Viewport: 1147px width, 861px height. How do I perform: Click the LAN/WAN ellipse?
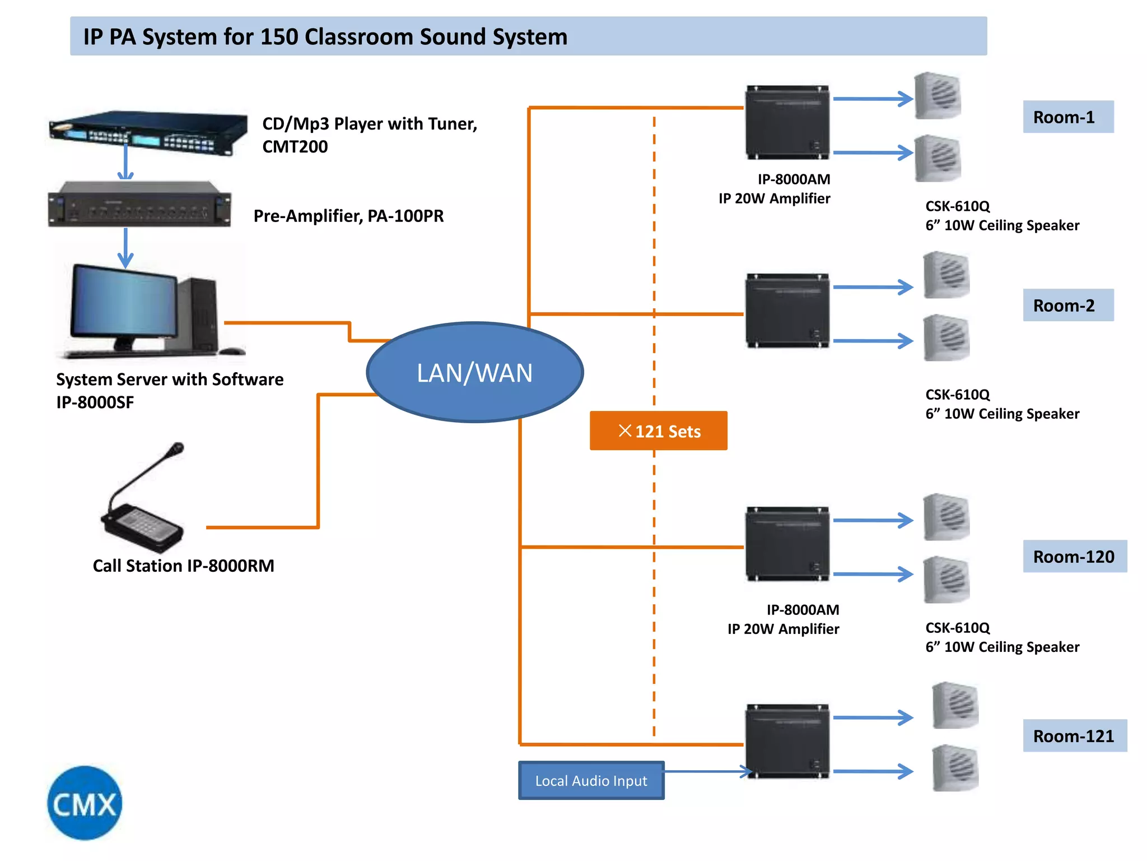[x=474, y=372]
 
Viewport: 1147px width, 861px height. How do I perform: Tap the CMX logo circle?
[x=85, y=803]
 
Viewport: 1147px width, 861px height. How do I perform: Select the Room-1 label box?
[x=1067, y=117]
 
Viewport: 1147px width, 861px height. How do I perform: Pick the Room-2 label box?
[x=1067, y=305]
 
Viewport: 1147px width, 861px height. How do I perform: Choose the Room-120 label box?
[x=1074, y=557]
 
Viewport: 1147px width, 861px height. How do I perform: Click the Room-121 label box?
[x=1074, y=736]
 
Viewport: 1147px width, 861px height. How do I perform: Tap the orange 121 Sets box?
[x=658, y=430]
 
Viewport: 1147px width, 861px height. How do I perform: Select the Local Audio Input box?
[x=591, y=780]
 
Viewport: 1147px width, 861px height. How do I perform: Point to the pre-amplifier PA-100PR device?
[x=139, y=205]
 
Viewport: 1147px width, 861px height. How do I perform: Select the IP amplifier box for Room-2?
[x=787, y=311]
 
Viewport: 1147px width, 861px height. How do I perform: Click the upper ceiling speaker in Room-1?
[x=938, y=96]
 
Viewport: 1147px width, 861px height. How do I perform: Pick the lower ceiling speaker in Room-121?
[x=955, y=768]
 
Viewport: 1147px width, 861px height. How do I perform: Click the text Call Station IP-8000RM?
[x=183, y=566]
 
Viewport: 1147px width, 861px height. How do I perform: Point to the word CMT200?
[x=295, y=147]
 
